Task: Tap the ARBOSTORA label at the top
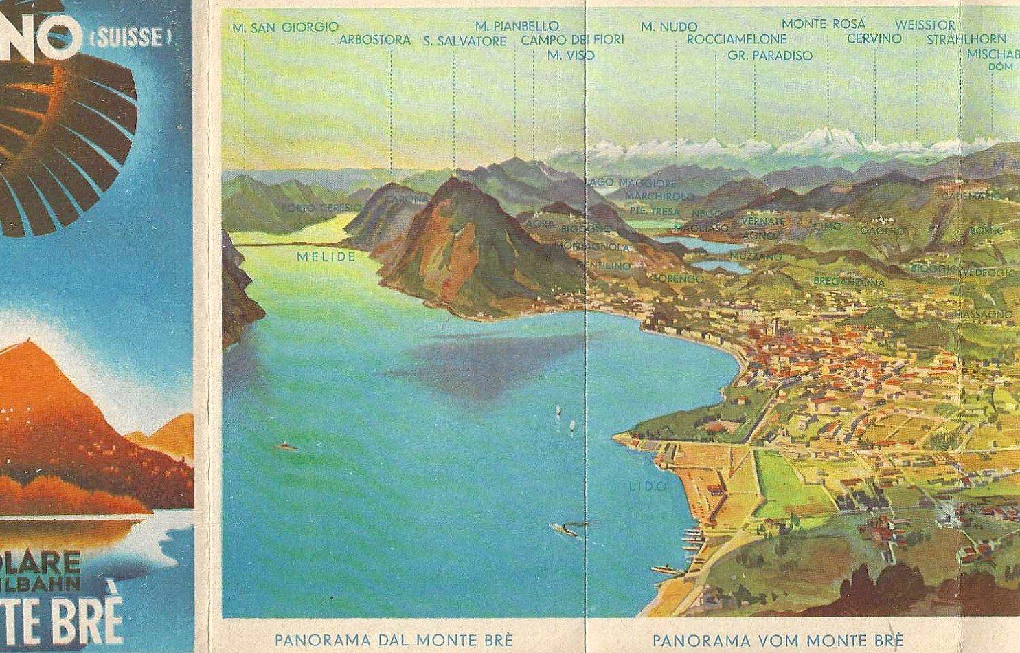click(x=375, y=40)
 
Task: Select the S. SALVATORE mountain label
click(x=464, y=41)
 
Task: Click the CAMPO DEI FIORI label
click(x=572, y=40)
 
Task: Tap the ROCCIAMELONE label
click(x=736, y=39)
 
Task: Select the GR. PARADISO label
click(x=770, y=56)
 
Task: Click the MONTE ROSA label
click(x=824, y=24)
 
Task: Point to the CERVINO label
click(x=874, y=38)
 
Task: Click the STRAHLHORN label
click(x=966, y=39)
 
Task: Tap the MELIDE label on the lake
click(x=326, y=256)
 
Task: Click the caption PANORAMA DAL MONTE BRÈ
click(x=394, y=639)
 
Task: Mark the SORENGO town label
click(x=678, y=278)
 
